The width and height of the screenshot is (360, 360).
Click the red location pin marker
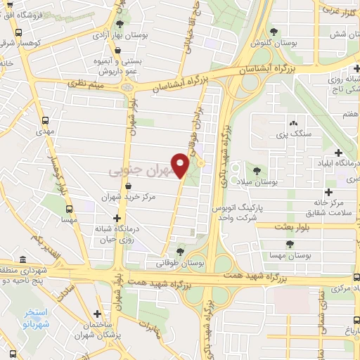181,165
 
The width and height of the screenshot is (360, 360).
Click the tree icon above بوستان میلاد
256,169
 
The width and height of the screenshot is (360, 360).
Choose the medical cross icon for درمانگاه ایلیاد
339,152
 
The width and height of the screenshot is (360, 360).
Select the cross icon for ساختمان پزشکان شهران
97,314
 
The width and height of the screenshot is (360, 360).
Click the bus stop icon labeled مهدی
46,120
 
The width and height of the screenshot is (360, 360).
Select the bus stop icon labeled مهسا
69,209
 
